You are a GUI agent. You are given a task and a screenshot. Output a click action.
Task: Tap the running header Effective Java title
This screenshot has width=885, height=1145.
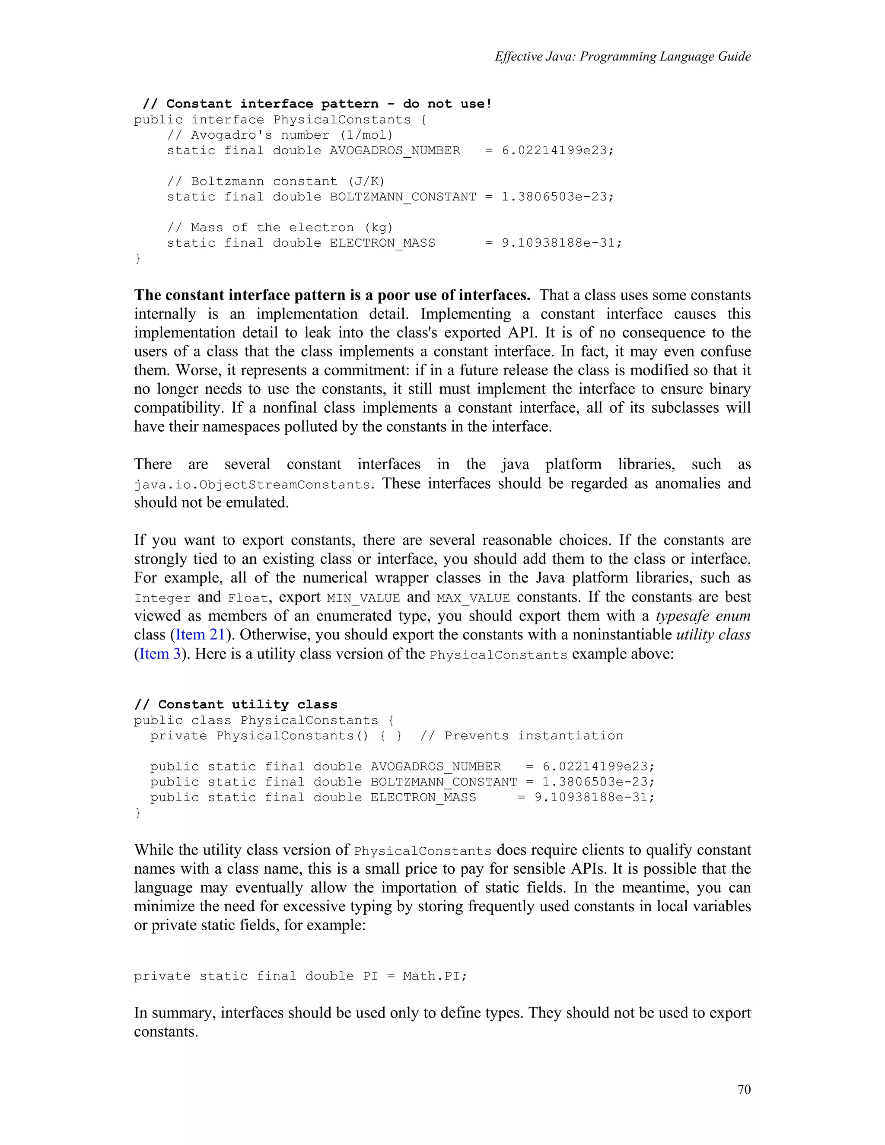tap(622, 57)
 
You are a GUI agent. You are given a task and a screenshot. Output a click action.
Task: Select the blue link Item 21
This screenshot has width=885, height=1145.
tap(200, 634)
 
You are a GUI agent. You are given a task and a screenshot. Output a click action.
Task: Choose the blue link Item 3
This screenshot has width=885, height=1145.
tap(159, 654)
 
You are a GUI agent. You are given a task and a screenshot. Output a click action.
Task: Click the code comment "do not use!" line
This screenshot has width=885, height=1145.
tap(318, 104)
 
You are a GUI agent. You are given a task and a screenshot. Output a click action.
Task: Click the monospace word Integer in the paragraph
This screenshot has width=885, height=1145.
tap(162, 598)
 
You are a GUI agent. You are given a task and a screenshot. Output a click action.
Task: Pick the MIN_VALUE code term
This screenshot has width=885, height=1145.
tap(363, 598)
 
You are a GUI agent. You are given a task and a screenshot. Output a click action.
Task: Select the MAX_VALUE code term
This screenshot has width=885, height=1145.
tap(473, 598)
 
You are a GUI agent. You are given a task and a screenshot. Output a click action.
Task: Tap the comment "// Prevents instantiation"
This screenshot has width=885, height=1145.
tap(521, 735)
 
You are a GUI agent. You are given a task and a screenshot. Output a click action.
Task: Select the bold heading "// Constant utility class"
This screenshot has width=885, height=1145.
tap(236, 704)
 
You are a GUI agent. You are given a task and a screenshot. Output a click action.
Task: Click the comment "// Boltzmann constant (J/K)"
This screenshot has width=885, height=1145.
tap(276, 181)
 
